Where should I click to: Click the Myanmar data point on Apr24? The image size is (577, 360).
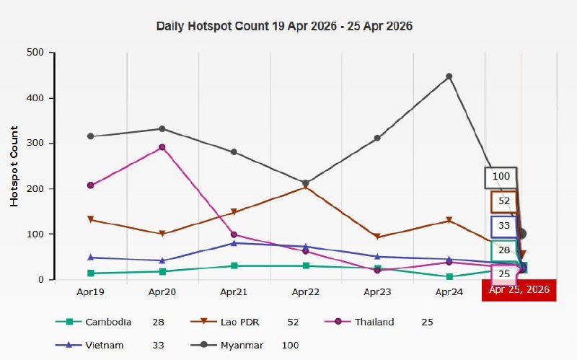click(449, 76)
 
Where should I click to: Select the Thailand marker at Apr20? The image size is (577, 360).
click(162, 147)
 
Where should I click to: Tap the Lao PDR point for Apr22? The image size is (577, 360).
click(305, 188)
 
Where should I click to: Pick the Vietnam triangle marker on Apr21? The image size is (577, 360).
click(234, 243)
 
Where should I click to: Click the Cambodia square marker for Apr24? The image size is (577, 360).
click(449, 277)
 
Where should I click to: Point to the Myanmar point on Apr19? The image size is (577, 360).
click(91, 136)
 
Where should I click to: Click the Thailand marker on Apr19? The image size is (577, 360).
click(91, 185)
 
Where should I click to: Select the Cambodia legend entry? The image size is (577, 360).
click(94, 322)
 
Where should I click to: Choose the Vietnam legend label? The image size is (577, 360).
click(105, 346)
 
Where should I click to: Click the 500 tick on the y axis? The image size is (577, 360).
click(35, 52)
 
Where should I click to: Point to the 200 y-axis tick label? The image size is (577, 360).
click(35, 188)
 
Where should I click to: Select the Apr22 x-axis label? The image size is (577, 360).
click(305, 292)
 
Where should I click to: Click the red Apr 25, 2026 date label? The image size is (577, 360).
click(519, 290)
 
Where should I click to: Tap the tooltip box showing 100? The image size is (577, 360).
click(501, 177)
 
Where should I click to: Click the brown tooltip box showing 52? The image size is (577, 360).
click(504, 202)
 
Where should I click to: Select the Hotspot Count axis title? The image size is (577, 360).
click(14, 167)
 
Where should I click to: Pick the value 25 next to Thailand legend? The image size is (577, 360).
click(427, 322)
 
